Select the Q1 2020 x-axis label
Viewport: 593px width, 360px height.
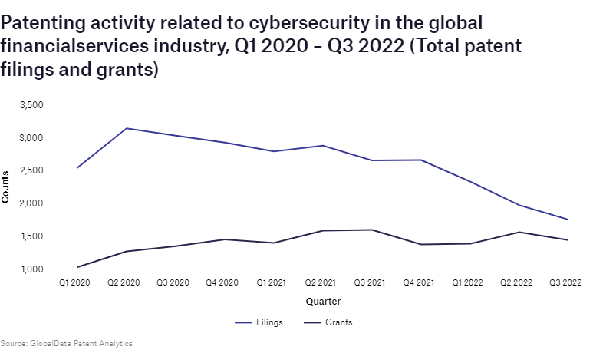point(75,283)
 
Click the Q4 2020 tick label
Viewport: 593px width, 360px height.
point(222,283)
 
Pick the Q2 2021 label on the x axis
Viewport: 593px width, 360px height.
point(320,283)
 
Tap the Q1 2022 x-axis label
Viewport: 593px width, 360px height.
point(466,283)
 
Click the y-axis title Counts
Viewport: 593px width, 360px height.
point(6,187)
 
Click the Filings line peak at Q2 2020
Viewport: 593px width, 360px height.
point(126,128)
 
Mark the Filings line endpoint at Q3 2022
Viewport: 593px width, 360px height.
point(567,220)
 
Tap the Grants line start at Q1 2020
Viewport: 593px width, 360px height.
point(77,267)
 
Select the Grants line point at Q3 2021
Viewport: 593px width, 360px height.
point(371,230)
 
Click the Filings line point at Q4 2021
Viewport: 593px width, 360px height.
point(420,160)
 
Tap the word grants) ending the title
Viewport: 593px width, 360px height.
point(127,70)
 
